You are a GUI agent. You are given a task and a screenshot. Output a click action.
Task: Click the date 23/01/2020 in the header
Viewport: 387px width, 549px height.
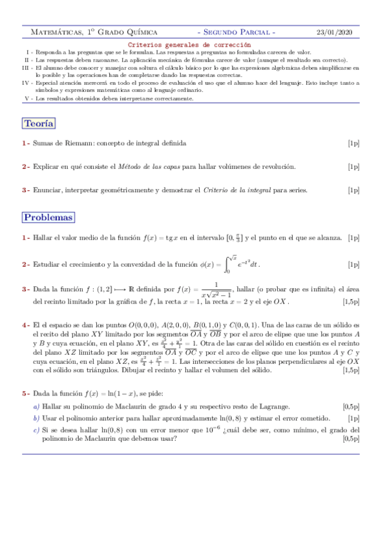(x=339, y=32)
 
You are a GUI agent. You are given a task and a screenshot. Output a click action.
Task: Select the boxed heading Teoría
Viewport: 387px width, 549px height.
(x=39, y=124)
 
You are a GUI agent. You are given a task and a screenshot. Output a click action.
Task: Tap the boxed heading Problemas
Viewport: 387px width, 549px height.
(x=48, y=218)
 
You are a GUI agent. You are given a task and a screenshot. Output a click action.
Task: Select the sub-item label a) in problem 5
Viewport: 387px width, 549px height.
(x=36, y=406)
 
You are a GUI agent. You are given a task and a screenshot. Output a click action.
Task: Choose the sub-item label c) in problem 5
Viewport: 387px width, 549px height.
(x=36, y=429)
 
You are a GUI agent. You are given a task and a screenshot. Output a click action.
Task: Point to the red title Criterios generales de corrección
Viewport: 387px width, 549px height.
(x=189, y=44)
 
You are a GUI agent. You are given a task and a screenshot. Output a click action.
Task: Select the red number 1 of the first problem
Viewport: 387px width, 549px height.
(x=24, y=238)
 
